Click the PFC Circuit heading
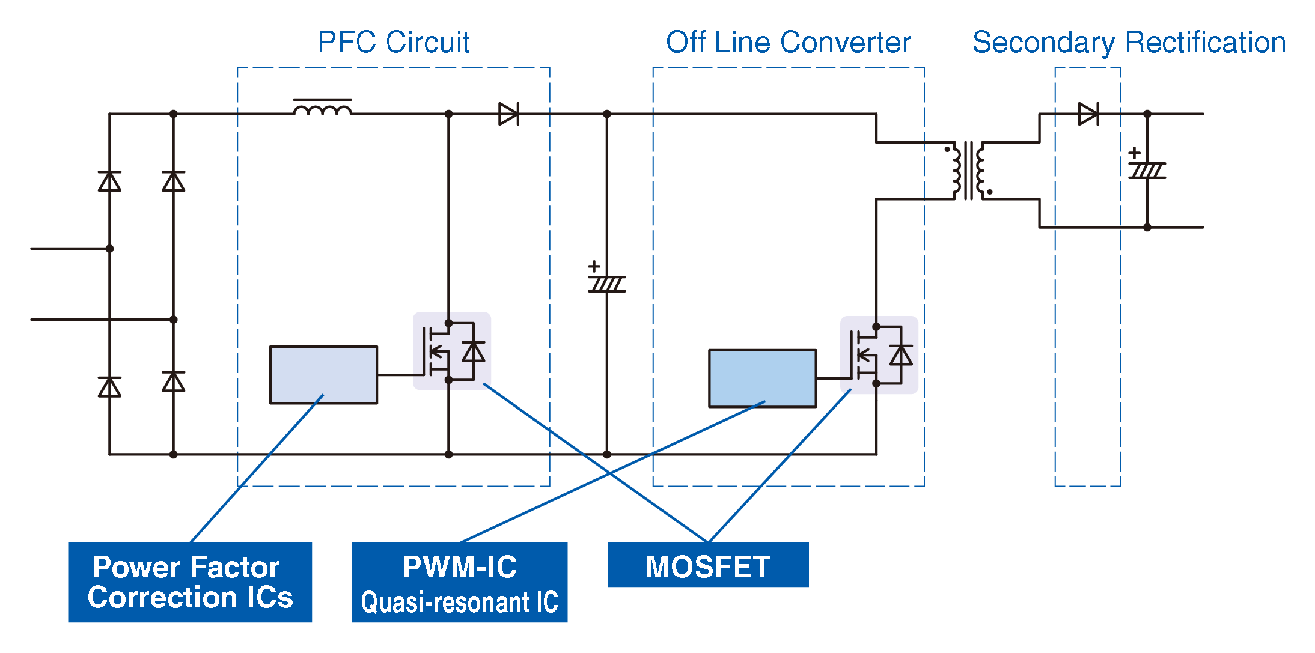coord(393,43)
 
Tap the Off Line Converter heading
coord(788,43)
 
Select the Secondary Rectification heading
coord(1129,43)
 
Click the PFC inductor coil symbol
coord(323,109)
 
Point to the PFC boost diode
coord(508,114)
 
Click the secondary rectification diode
coord(1088,114)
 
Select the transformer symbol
coord(968,171)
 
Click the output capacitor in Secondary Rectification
coord(1147,171)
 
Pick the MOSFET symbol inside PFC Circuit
coord(451,351)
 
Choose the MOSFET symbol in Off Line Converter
coord(879,355)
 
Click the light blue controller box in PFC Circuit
coord(323,374)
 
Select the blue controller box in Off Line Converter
coord(762,378)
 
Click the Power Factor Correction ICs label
coord(190,582)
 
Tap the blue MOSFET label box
coord(707,565)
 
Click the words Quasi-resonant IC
coord(459,602)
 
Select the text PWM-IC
coord(459,566)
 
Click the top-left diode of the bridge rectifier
coord(109,181)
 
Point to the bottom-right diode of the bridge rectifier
coord(174,381)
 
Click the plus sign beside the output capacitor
coord(1134,153)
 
